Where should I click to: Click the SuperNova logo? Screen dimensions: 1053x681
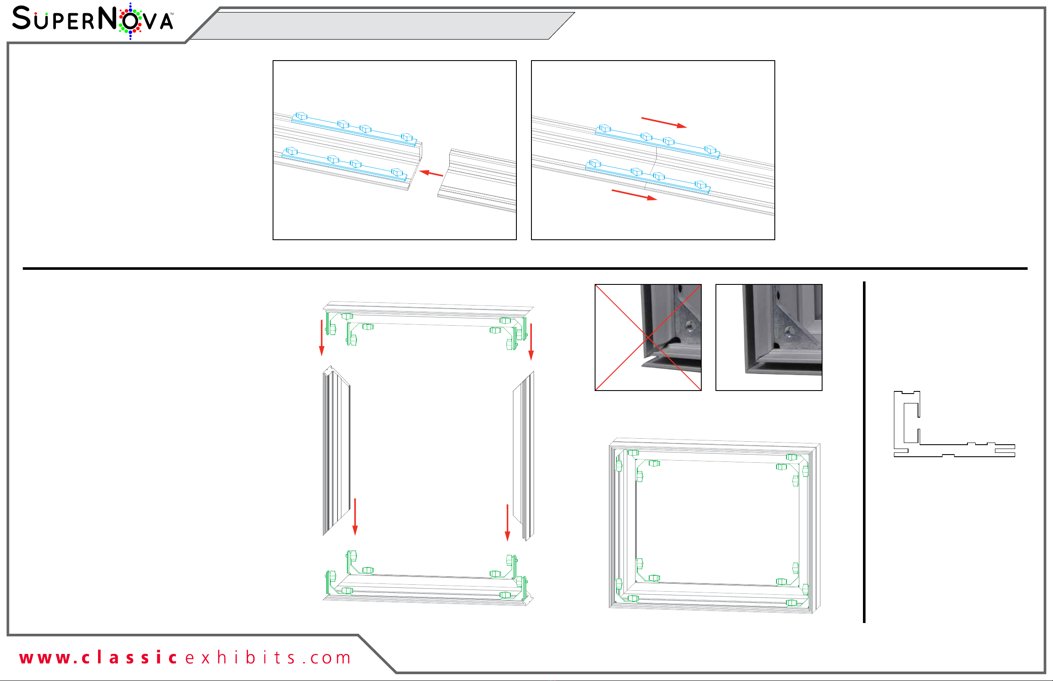(x=93, y=21)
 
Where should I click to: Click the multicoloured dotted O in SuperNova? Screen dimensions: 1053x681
(x=130, y=21)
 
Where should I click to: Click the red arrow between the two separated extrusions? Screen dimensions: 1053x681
(x=431, y=173)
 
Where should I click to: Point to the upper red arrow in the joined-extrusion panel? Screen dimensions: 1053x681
(x=663, y=122)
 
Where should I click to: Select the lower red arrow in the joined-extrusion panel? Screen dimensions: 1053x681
(x=635, y=195)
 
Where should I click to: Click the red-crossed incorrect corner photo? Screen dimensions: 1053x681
(x=648, y=337)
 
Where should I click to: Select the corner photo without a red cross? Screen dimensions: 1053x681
(x=769, y=337)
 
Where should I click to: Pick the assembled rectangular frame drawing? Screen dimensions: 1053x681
(x=715, y=526)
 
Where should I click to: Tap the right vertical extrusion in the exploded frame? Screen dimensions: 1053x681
(x=524, y=455)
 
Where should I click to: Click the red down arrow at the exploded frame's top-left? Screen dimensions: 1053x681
(x=322, y=338)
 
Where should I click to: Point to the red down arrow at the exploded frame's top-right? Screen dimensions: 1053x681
(x=531, y=342)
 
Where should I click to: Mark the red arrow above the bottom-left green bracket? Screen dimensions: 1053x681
(x=355, y=517)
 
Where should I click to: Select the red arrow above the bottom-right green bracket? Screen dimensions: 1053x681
(x=507, y=523)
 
